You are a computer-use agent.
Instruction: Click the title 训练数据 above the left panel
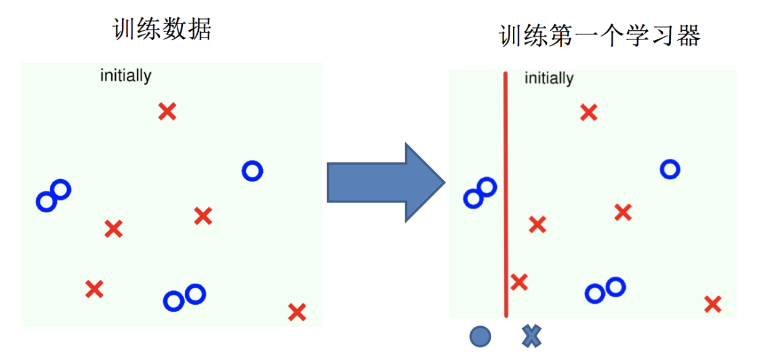pos(162,28)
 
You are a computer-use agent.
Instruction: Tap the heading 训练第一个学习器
pos(600,36)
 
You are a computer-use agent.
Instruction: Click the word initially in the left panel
pos(126,76)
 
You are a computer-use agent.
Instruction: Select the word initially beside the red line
pos(549,79)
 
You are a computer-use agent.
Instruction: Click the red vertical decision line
pos(506,197)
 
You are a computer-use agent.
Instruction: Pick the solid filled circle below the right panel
pos(480,336)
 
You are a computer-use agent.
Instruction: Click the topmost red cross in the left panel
pos(167,112)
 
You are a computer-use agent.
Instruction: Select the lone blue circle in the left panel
pos(252,170)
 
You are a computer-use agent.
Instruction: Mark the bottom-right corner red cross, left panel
pos(297,312)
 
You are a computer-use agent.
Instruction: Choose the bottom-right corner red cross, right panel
pos(713,304)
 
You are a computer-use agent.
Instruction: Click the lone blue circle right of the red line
pos(670,169)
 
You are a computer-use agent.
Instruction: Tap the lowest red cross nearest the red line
pos(519,282)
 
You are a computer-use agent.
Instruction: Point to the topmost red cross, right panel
pos(589,112)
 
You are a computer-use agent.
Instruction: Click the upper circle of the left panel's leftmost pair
pos(60,190)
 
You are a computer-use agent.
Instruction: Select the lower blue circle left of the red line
pos(473,198)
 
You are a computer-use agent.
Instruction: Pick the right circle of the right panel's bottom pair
pos(615,286)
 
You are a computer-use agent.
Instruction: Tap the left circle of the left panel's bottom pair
pos(174,301)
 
